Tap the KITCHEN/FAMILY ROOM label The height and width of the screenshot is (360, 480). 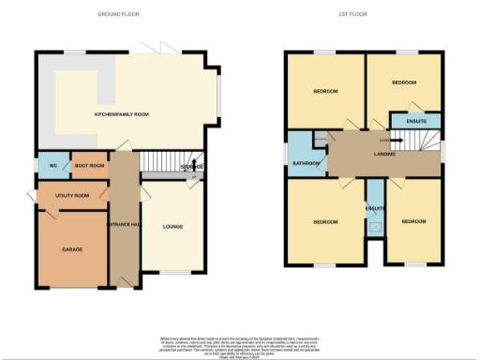[x=122, y=114]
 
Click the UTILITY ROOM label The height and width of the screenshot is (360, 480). [x=72, y=195]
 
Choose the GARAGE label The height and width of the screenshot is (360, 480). [x=72, y=249]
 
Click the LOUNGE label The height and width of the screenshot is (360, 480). [x=172, y=226]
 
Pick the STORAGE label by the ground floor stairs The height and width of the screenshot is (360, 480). [x=192, y=167]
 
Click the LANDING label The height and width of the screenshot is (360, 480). [x=384, y=155]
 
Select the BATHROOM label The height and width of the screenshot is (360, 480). [x=307, y=163]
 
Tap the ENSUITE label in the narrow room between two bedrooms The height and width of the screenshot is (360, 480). [x=375, y=207]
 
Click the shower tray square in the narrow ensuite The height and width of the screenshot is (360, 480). [x=375, y=225]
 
